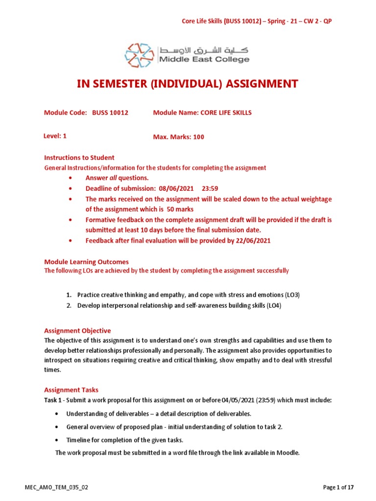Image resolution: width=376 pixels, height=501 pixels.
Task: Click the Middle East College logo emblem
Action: click(x=141, y=55)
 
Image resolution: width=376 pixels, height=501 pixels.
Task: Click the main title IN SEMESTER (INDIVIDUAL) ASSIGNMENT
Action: click(x=188, y=84)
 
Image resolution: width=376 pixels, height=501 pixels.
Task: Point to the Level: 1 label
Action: click(x=55, y=137)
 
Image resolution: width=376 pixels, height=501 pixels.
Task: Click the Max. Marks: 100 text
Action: click(x=179, y=137)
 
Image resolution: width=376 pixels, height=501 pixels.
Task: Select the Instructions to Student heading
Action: click(x=79, y=158)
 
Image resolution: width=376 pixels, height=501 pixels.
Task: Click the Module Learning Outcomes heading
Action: click(x=86, y=262)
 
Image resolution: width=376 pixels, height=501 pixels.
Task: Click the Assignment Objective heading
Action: click(x=77, y=331)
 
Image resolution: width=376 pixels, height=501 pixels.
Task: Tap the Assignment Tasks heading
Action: click(x=71, y=390)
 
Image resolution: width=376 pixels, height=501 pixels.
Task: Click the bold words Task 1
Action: click(x=53, y=400)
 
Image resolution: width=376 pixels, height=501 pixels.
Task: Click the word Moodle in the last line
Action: click(x=287, y=453)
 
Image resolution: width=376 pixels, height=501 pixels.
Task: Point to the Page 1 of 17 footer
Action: click(x=338, y=487)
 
